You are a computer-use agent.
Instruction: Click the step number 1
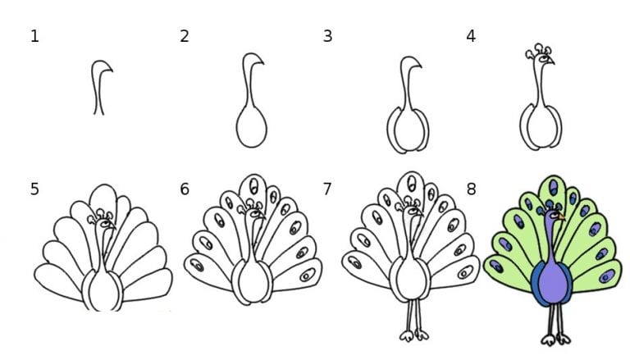coord(34,37)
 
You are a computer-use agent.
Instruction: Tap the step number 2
coord(185,37)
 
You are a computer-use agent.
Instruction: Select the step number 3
coord(327,37)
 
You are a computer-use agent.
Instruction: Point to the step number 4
coord(471,37)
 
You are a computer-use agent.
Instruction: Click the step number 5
coord(34,189)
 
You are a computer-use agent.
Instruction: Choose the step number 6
coord(185,189)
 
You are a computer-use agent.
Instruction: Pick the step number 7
coord(327,189)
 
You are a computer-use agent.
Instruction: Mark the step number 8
coord(471,189)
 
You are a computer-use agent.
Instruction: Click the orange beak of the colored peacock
coord(561,217)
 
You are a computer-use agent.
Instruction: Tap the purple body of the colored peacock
coord(553,281)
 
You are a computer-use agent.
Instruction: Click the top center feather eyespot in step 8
coord(554,188)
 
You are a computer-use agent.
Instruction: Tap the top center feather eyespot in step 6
coord(253,186)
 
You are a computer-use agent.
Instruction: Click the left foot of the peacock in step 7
coord(407,335)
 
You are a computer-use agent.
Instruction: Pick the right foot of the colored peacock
coord(563,339)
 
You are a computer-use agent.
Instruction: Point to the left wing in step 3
coord(392,130)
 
